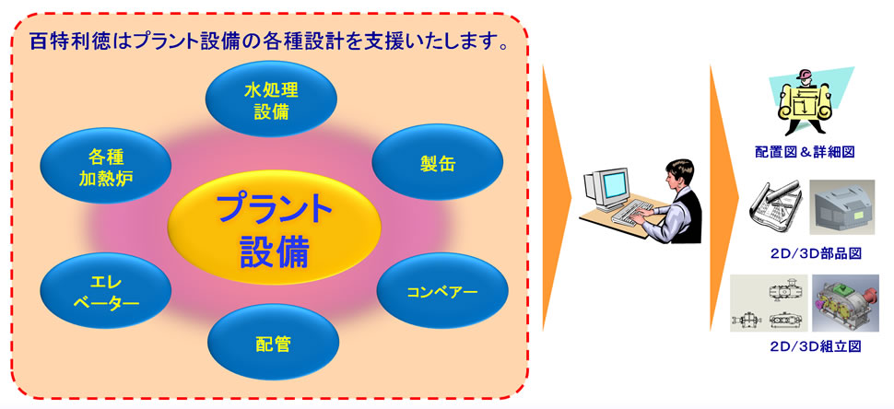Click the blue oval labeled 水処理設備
click(271, 99)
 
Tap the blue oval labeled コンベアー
click(441, 291)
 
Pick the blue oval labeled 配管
click(273, 343)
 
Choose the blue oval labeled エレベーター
click(106, 290)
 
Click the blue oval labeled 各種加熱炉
click(106, 165)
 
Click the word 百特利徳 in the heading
click(64, 42)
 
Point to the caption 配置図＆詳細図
click(804, 151)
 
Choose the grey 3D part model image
click(842, 207)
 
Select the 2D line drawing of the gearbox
click(769, 302)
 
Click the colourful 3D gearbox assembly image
click(844, 303)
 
